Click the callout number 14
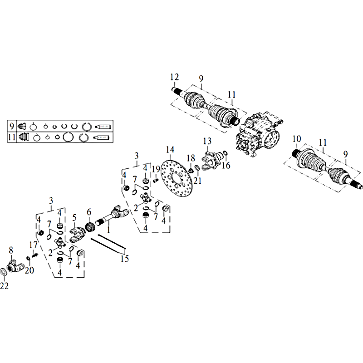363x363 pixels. (x=170, y=150)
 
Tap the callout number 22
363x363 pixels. (x=4, y=286)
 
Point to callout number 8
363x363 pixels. (x=11, y=250)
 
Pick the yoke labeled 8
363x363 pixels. (x=15, y=267)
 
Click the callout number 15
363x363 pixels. (x=124, y=259)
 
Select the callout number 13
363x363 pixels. (x=207, y=141)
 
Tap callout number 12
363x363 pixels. (x=175, y=77)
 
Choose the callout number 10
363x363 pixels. (x=297, y=139)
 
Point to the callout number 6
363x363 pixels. (x=89, y=212)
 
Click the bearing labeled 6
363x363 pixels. (x=89, y=226)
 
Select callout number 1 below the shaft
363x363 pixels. (x=108, y=230)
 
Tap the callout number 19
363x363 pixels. (x=156, y=169)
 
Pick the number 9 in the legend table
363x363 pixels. (x=12, y=126)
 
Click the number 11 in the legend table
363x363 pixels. (x=12, y=137)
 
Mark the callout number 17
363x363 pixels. (x=33, y=245)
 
